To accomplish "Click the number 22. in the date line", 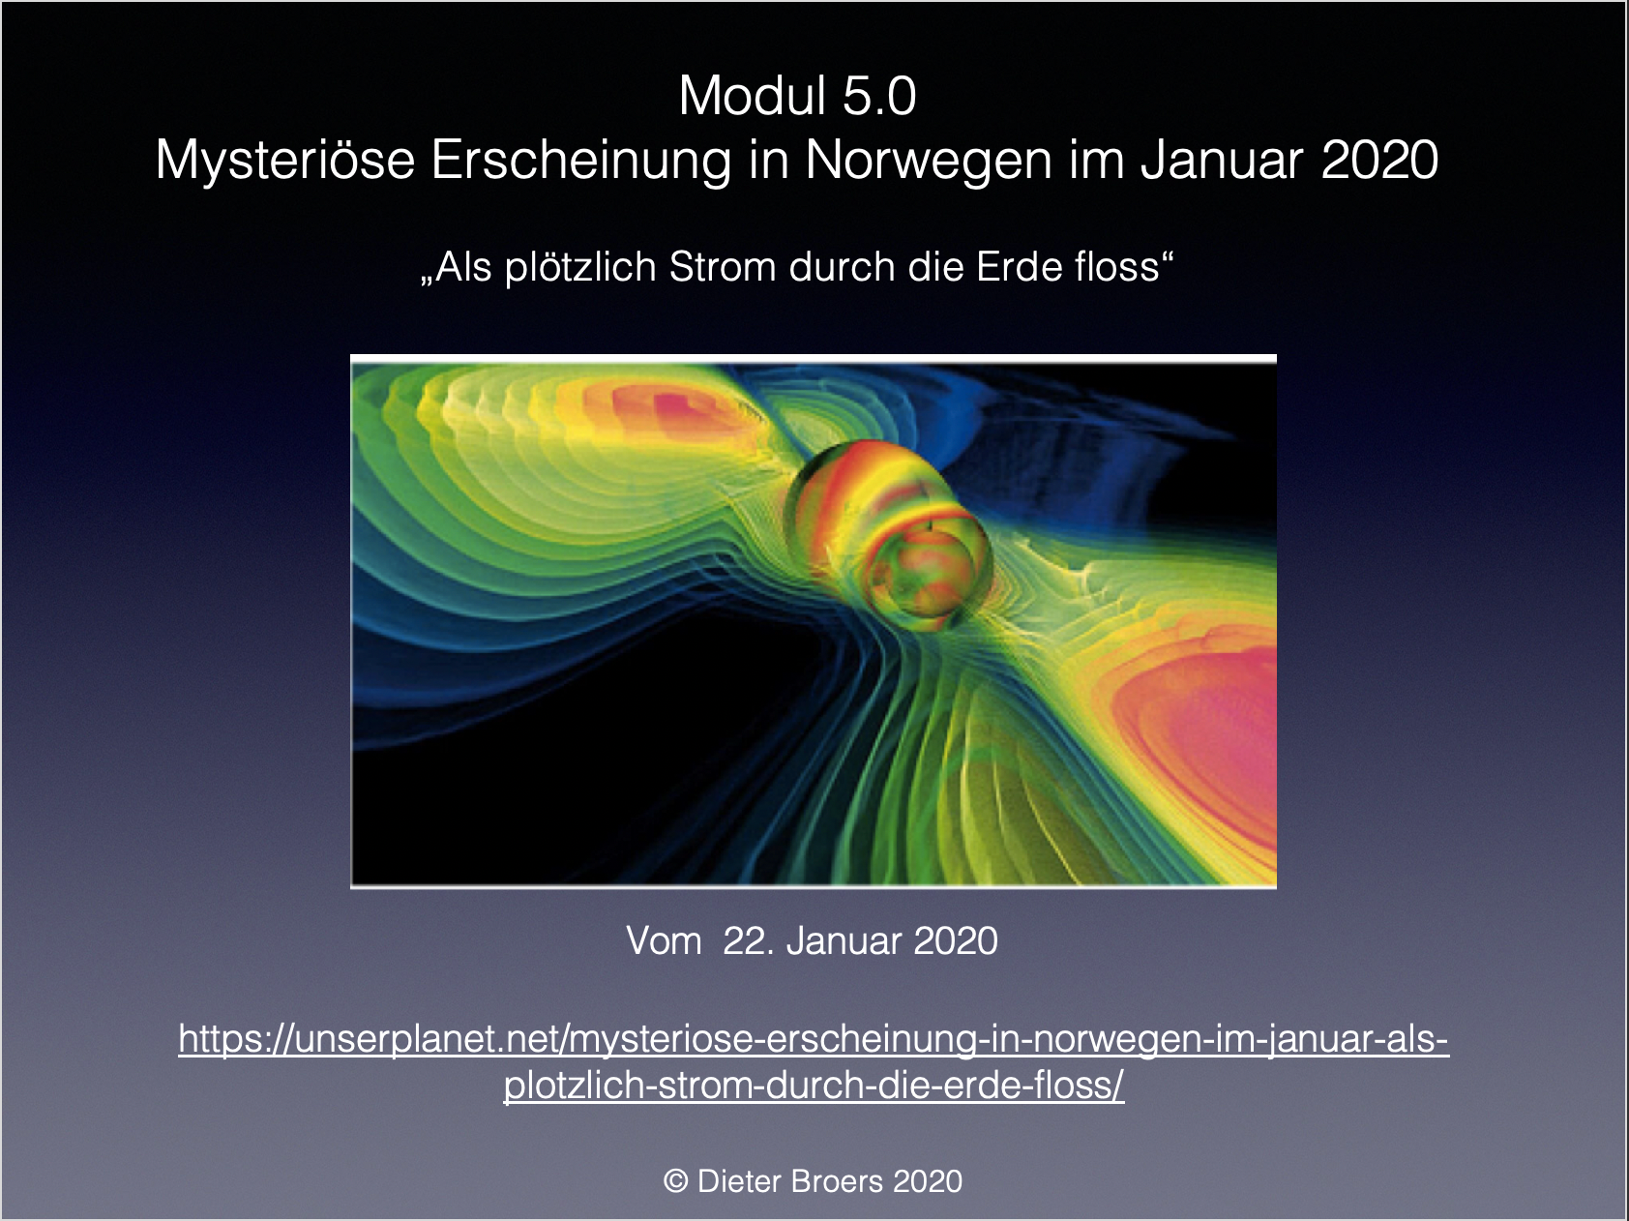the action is tap(749, 940).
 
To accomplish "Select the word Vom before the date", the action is tap(664, 940).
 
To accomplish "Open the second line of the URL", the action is tap(814, 1086).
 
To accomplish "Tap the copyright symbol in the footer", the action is tap(675, 1181).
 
